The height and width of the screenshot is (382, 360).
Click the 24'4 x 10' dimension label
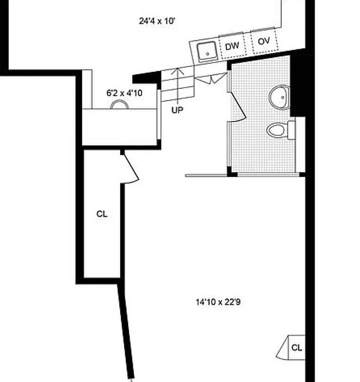157,21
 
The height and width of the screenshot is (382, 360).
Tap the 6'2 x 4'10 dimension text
124,93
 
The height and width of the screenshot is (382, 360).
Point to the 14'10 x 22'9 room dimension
218,302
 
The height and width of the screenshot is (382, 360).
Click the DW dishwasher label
232,46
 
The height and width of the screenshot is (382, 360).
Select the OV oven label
264,41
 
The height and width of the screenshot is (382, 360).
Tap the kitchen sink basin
207,51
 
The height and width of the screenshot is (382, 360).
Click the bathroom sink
280,97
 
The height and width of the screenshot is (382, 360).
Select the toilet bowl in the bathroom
276,130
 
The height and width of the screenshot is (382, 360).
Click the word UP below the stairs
177,110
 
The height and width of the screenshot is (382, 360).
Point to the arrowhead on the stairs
177,71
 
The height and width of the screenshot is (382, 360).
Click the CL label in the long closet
102,214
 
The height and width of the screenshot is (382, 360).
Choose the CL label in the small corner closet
297,348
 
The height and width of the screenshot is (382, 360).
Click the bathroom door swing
238,106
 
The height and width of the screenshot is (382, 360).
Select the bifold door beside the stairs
211,78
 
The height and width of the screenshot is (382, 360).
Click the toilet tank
292,130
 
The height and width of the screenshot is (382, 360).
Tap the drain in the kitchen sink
208,54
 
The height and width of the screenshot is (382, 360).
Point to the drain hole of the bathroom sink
282,98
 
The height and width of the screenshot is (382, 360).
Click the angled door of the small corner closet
282,347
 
